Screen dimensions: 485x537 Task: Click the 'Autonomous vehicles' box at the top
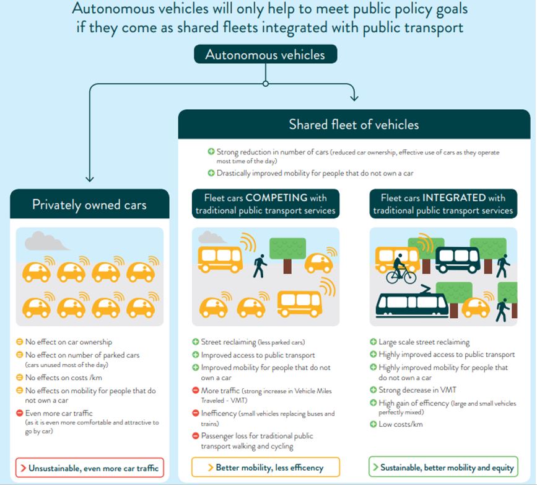(265, 55)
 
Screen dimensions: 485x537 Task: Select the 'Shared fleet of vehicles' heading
(354, 124)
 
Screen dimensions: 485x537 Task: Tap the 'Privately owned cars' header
(89, 204)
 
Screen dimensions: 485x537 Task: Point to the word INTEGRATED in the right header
(454, 198)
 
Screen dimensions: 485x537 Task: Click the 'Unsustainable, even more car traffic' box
(90, 468)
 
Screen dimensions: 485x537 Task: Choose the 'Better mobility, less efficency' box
(266, 467)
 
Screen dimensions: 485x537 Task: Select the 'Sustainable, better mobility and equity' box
(442, 467)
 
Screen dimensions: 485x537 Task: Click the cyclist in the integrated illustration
(400, 269)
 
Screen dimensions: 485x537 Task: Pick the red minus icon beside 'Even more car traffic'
(20, 413)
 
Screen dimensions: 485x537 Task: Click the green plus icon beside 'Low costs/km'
(373, 424)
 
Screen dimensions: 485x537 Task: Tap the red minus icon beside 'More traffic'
(196, 391)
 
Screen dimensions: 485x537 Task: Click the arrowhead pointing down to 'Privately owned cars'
(90, 179)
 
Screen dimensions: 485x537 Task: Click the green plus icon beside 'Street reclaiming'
(196, 342)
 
